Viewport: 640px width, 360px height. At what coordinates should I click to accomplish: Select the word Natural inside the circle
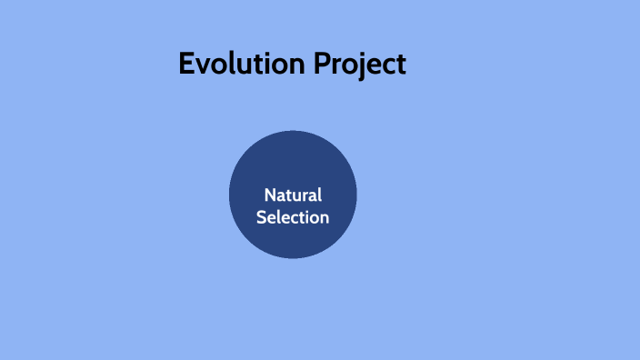(x=293, y=195)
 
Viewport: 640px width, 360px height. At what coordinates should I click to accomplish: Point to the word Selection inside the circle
(x=293, y=217)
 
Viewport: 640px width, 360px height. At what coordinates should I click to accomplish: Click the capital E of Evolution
(x=187, y=65)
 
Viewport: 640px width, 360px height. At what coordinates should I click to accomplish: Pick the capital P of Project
(x=322, y=65)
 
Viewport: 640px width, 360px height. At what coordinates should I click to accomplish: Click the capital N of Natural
(x=270, y=195)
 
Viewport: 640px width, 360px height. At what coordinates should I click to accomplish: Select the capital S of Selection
(x=262, y=217)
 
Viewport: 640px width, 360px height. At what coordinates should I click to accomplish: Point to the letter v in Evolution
(x=205, y=66)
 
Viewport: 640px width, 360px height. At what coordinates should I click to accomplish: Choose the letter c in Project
(x=388, y=66)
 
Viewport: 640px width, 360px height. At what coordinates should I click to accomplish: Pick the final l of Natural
(x=319, y=194)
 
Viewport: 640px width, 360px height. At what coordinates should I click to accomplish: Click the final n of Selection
(x=324, y=218)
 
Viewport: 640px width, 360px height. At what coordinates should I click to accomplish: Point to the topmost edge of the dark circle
(x=293, y=132)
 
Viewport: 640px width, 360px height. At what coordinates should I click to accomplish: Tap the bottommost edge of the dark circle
(x=293, y=258)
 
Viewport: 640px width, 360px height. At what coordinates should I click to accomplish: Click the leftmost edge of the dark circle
(x=229, y=195)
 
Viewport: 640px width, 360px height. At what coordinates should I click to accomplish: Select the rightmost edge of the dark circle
(x=356, y=195)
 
